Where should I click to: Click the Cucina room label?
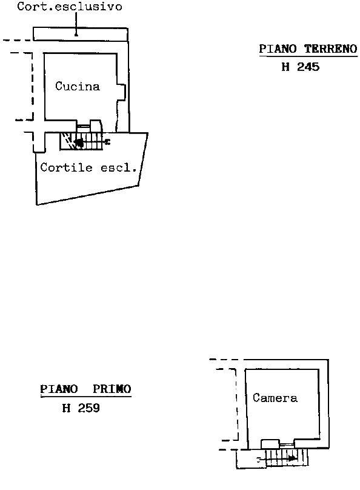78,86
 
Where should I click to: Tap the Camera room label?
275,398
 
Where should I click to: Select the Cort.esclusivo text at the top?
70,7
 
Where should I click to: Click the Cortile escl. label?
88,168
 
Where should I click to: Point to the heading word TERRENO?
331,49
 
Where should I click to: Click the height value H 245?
301,67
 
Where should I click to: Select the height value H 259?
81,408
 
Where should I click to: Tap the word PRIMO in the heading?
112,389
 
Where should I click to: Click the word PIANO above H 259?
59,389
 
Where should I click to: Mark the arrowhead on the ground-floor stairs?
79,143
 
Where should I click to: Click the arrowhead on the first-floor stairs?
292,458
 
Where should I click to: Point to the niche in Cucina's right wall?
122,92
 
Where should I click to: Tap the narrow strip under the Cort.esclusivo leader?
81,34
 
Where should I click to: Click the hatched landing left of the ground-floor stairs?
67,141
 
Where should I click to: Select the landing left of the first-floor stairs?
251,458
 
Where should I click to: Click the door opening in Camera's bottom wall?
287,444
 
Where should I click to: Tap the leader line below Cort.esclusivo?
76,24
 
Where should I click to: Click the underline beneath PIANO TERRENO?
308,56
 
